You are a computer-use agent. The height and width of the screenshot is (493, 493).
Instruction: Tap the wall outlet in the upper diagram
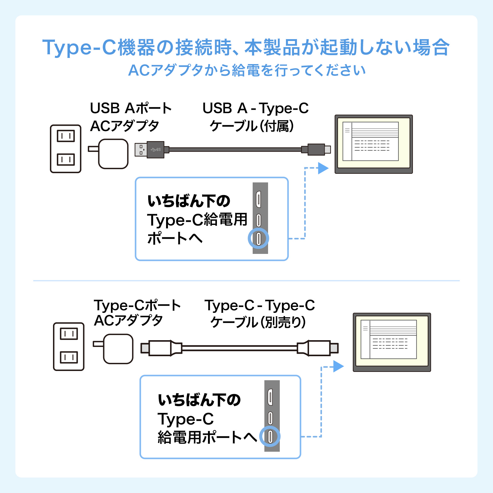coord(66,149)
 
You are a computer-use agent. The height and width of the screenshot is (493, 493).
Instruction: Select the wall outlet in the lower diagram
coord(69,346)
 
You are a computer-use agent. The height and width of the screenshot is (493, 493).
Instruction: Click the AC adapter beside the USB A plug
coord(113,153)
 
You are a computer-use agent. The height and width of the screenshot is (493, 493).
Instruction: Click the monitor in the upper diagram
coord(373,144)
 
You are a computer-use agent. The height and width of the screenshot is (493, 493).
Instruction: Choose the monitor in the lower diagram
coord(392,342)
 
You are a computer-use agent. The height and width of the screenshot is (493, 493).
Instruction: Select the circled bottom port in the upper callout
coord(259,238)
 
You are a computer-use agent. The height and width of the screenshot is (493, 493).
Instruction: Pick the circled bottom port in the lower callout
coord(270,436)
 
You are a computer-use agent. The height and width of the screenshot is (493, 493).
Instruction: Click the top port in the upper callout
coord(259,199)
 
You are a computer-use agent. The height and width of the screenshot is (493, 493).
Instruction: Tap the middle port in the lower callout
coord(270,418)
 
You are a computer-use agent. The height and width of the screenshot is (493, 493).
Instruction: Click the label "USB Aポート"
coord(131,108)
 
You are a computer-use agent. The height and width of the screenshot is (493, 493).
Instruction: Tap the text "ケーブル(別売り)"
coord(258,322)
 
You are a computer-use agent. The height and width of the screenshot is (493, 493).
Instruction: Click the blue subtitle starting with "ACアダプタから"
coord(246,70)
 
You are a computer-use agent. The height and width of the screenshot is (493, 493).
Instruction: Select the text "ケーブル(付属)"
coord(252,126)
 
